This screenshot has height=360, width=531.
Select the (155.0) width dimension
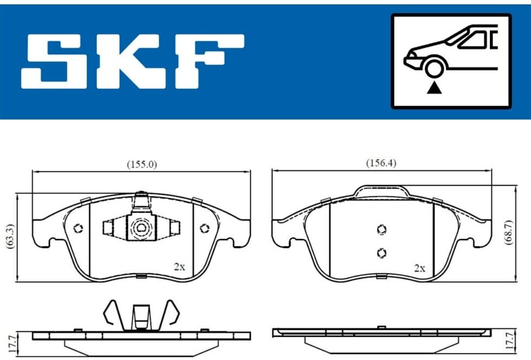(142, 165)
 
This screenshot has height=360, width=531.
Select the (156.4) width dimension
(381, 163)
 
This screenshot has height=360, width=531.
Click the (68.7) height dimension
(509, 232)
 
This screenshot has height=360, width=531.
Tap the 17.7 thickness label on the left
(12, 343)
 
